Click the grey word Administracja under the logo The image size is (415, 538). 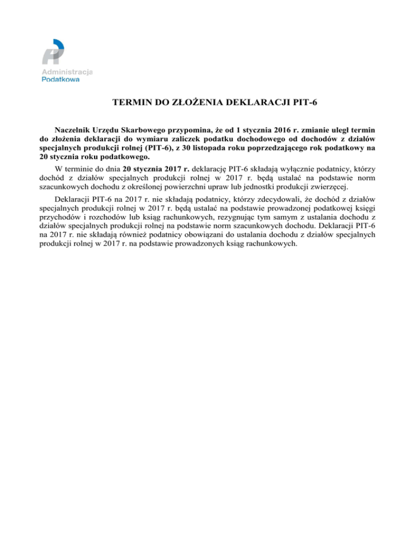pyautogui.click(x=68, y=71)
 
